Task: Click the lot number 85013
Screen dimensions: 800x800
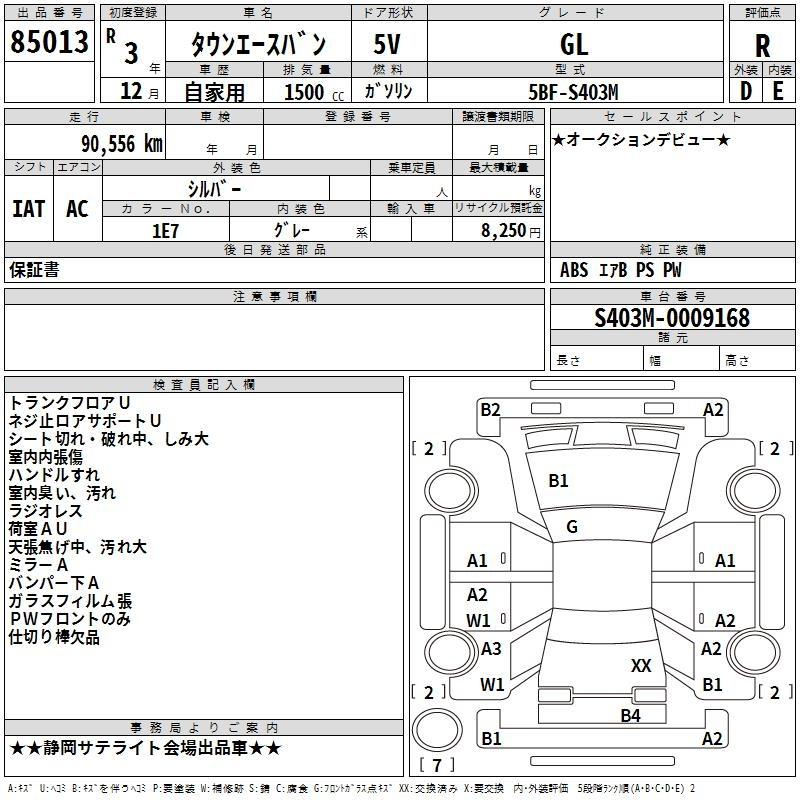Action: click(49, 42)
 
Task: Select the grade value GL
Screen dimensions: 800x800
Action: click(574, 44)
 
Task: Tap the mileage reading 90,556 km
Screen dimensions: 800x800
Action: click(122, 144)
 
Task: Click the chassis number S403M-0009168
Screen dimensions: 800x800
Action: click(672, 318)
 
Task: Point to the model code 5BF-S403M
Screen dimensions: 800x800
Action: click(573, 92)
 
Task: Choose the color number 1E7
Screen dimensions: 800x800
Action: click(165, 231)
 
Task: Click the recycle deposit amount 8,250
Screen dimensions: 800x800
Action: click(503, 231)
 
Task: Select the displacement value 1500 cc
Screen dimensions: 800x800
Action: click(314, 92)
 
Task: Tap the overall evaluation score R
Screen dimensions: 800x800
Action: click(762, 46)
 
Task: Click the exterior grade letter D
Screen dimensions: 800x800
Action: click(745, 91)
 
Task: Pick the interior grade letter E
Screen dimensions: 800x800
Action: click(778, 91)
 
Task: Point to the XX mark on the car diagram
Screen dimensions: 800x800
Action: click(641, 665)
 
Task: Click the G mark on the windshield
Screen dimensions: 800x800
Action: click(572, 527)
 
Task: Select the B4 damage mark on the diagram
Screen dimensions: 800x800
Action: click(630, 716)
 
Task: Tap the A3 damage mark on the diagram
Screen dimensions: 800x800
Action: click(491, 649)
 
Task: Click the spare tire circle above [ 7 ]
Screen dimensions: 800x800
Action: click(437, 730)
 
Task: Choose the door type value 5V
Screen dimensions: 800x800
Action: click(387, 44)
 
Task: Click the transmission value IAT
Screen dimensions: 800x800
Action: click(29, 209)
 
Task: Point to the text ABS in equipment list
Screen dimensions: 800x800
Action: click(574, 270)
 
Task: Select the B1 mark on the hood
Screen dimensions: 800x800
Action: click(558, 481)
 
